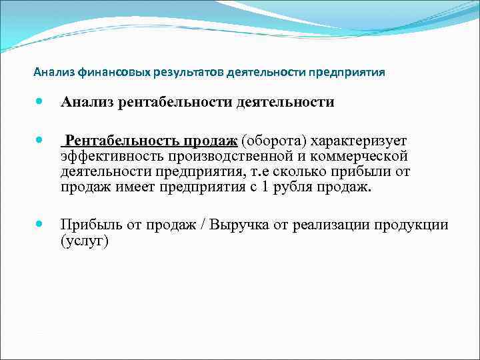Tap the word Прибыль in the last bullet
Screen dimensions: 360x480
point(90,225)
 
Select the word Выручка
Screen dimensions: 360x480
point(239,225)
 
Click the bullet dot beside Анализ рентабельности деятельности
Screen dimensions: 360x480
point(42,103)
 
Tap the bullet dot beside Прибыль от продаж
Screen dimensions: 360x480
point(42,225)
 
